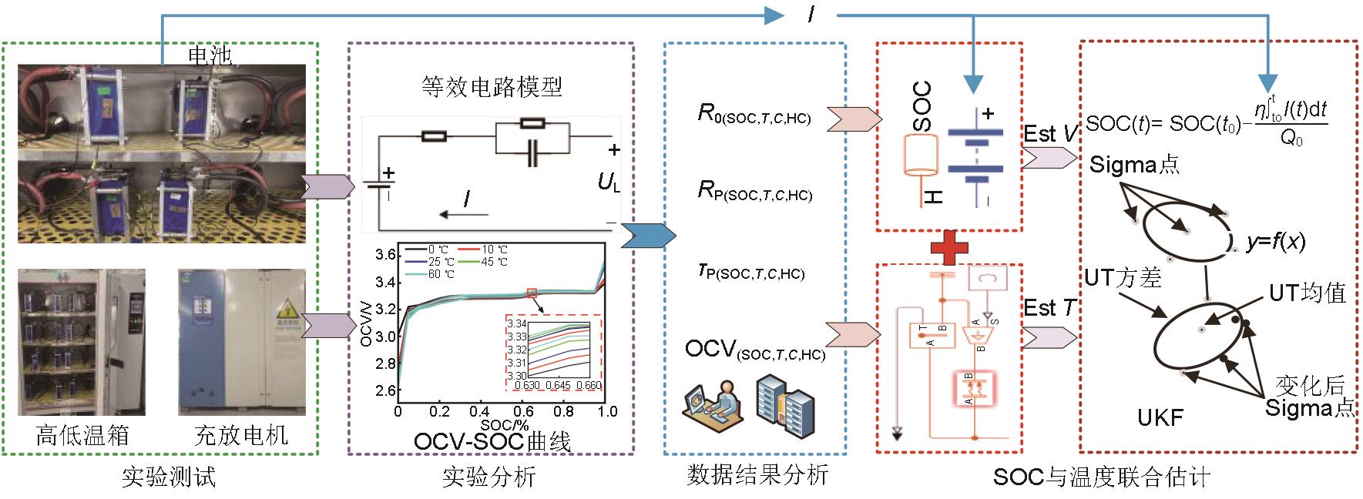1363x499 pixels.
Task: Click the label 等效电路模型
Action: click(492, 86)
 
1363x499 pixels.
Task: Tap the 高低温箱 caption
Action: click(82, 436)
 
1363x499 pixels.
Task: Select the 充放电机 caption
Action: click(241, 436)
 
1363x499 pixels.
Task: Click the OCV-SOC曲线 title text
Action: click(492, 441)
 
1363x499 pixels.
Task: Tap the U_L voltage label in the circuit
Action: click(609, 182)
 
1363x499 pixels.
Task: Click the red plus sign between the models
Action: click(948, 248)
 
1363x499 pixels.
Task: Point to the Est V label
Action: click(1050, 134)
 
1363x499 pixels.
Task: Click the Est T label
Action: click(1049, 308)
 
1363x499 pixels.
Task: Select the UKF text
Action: click(1160, 417)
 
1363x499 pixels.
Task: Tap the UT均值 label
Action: click(1308, 293)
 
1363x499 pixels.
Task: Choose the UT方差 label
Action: click(1123, 277)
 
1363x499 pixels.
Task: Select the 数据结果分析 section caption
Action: click(757, 474)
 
